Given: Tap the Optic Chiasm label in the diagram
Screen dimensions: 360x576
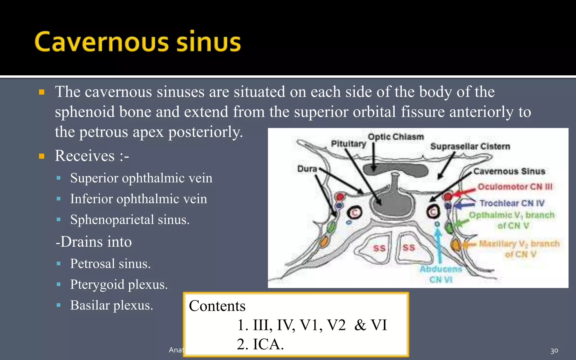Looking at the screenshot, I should (x=396, y=137).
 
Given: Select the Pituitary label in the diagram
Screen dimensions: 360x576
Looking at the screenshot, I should (x=348, y=143).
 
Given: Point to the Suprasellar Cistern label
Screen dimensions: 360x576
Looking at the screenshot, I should (x=470, y=146).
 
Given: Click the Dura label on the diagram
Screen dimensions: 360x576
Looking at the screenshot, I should (x=307, y=169).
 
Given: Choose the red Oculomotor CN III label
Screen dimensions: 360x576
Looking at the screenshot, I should (x=515, y=187).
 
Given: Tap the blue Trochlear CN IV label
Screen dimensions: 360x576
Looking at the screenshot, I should (x=512, y=203).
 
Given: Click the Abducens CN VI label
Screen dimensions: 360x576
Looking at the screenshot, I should (x=441, y=274).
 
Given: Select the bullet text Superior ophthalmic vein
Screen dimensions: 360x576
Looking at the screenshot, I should (x=141, y=178).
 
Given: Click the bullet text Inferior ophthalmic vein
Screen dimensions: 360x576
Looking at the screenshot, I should (x=138, y=199).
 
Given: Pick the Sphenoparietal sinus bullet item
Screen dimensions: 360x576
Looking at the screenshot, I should (x=130, y=220).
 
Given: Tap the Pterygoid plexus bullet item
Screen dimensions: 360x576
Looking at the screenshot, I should (x=119, y=284).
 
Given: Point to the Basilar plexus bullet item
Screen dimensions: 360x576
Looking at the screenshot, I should (x=111, y=305).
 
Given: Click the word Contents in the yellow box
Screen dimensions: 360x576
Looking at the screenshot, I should (x=217, y=306).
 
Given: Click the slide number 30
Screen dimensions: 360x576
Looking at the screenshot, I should (x=554, y=351).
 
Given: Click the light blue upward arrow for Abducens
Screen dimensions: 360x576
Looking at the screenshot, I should (x=438, y=245).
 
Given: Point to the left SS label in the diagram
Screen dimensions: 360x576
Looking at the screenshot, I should (x=379, y=248).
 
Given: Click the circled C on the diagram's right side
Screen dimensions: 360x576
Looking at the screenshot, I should (x=433, y=212).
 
